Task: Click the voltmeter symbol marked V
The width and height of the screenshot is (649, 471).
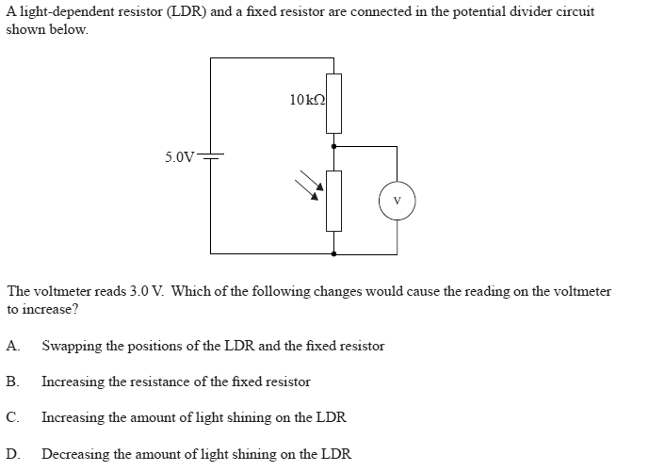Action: pos(397,200)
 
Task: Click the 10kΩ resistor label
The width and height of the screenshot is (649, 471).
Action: pos(308,99)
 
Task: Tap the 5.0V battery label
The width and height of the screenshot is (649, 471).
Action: pos(179,156)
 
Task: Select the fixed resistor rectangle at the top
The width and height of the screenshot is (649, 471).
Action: pos(333,103)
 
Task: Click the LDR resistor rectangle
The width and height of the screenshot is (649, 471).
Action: pos(333,201)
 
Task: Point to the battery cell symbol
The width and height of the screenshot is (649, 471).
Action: pos(211,156)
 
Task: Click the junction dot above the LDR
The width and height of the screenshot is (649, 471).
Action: pos(333,147)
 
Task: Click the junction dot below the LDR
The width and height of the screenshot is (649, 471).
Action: pos(333,253)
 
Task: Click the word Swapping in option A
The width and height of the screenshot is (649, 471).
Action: pos(72,346)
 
